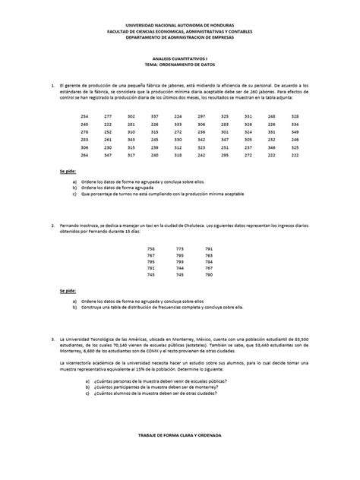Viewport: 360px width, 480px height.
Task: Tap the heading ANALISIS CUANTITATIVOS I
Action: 179,67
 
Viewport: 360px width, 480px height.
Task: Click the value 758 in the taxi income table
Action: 151,248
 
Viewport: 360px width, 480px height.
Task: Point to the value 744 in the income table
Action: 180,267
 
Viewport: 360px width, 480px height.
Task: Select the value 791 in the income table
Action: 209,248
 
